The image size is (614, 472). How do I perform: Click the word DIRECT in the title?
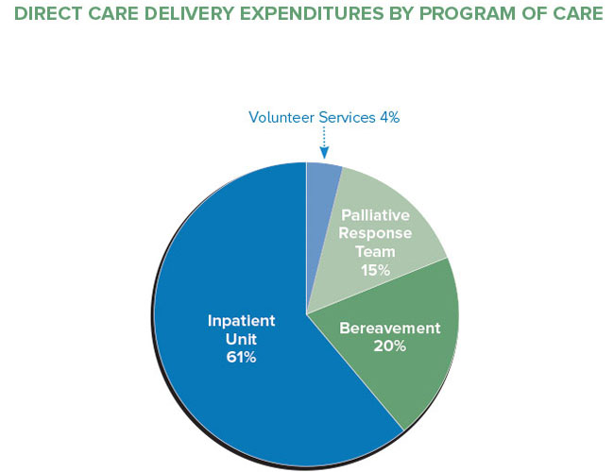45,16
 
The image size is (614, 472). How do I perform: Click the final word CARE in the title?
571,16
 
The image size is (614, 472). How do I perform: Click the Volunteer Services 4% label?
324,118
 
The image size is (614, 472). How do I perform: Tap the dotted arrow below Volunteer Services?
324,144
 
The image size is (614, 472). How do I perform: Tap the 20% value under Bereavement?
389,346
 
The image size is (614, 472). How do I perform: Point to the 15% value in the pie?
375,269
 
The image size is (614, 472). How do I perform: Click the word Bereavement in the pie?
389,329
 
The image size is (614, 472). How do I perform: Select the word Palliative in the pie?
375,216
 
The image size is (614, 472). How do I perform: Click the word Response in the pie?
375,234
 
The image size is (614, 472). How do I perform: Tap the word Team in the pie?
375,251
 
